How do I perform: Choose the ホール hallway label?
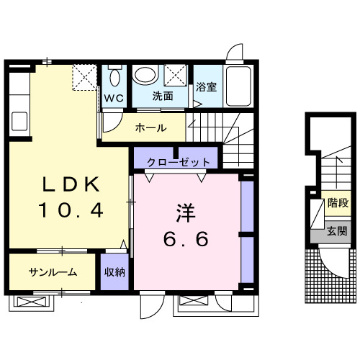pos(150,128)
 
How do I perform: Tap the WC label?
pos(114,97)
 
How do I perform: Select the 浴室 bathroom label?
pos(207,88)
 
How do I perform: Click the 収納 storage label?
pos(114,271)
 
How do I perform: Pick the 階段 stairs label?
pos(336,204)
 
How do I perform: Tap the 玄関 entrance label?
pos(336,231)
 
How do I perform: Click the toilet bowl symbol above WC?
pos(114,76)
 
